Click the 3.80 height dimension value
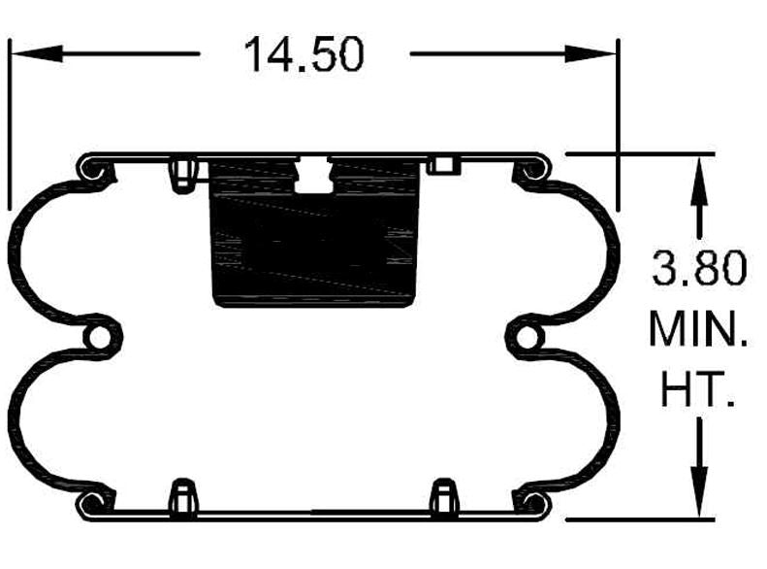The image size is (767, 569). (x=699, y=268)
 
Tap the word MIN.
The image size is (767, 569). (x=698, y=330)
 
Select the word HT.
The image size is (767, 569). (x=696, y=391)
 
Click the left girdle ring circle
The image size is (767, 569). (x=100, y=336)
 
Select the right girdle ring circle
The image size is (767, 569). (x=527, y=336)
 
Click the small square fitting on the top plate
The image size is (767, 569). (x=442, y=164)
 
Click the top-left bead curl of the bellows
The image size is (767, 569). (x=95, y=170)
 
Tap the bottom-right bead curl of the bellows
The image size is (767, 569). (x=531, y=503)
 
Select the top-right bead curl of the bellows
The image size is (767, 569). (x=531, y=170)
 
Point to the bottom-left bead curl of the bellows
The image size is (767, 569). (x=95, y=503)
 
